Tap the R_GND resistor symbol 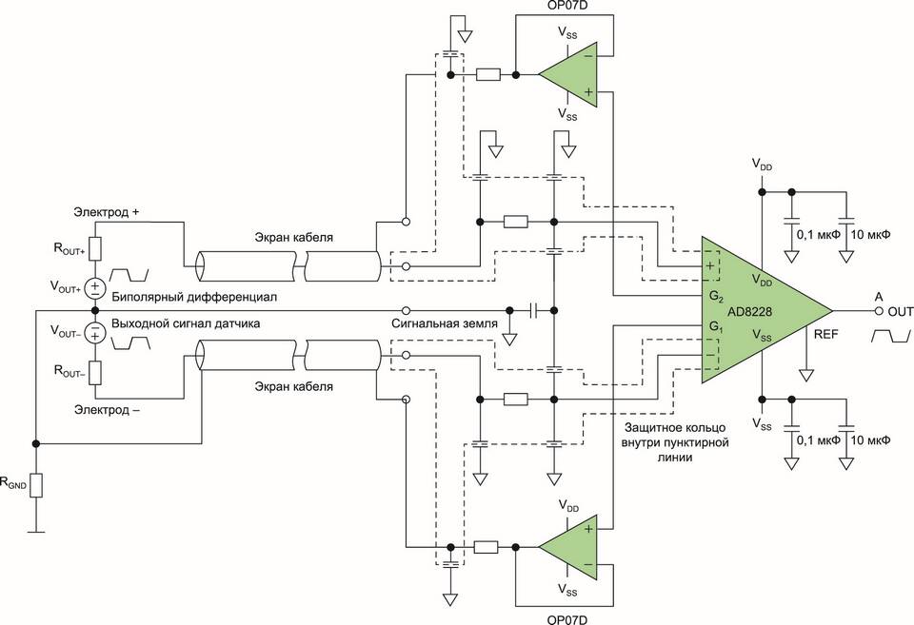[x=36, y=485]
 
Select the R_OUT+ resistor [x=94, y=248]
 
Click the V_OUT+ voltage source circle [x=94, y=288]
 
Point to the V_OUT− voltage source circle [x=94, y=333]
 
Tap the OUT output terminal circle [x=879, y=311]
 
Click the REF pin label [x=826, y=334]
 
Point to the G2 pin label [x=716, y=297]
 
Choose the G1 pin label [x=716, y=327]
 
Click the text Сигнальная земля [x=445, y=323]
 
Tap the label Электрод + [x=106, y=212]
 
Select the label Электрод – [x=107, y=409]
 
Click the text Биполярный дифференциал [x=194, y=297]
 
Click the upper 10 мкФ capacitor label [x=871, y=235]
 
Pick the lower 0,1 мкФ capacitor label [x=819, y=440]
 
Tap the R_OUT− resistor [x=94, y=373]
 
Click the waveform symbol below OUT [x=891, y=336]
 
